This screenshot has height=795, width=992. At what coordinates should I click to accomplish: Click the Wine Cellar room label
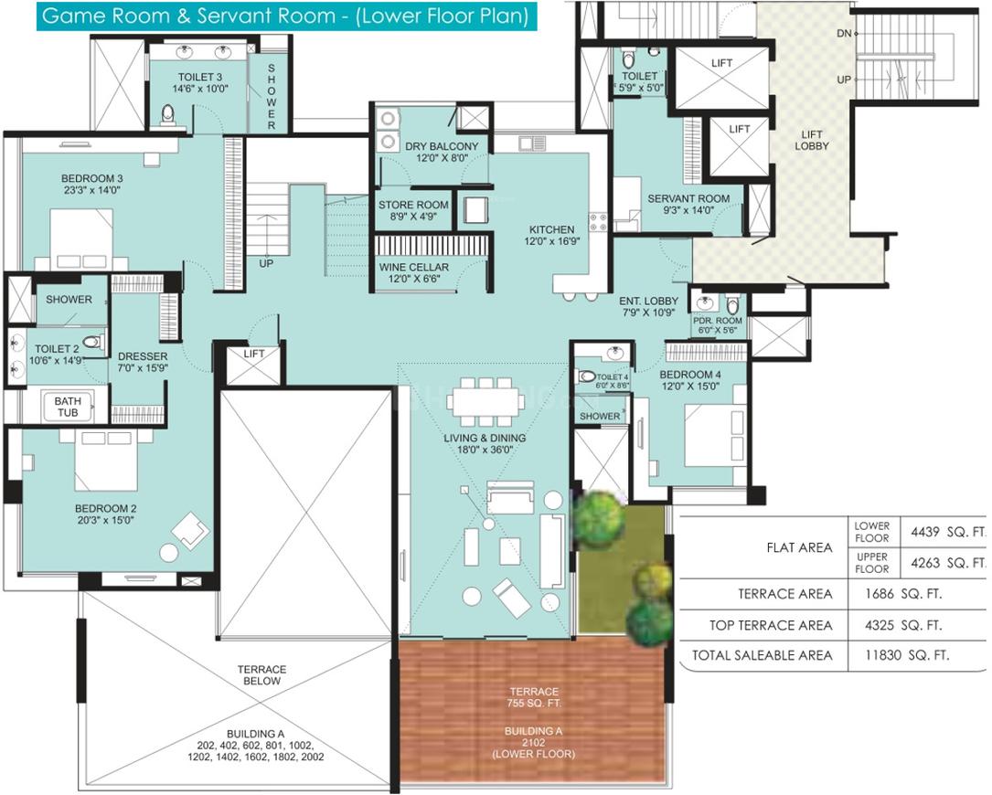click(x=414, y=272)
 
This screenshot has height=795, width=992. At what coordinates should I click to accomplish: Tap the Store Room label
click(x=413, y=210)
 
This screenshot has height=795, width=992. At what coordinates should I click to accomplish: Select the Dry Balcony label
click(x=442, y=152)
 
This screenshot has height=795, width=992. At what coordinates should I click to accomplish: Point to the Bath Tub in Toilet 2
click(x=68, y=407)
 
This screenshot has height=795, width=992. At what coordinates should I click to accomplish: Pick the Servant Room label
click(x=688, y=204)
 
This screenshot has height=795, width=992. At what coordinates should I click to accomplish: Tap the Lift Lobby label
click(x=812, y=140)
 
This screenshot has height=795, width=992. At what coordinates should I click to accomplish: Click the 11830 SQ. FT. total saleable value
click(x=907, y=655)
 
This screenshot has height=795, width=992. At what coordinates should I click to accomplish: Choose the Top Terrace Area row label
click(x=771, y=626)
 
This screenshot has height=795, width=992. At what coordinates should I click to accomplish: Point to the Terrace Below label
click(x=261, y=674)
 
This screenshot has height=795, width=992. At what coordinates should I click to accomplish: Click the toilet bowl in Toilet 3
click(x=167, y=116)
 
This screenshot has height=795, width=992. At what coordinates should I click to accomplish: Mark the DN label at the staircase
click(x=844, y=34)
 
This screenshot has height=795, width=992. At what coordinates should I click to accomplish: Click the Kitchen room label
click(x=551, y=235)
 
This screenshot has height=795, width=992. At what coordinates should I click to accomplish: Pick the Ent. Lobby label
click(x=648, y=306)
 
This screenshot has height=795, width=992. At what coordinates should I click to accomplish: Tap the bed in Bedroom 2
click(x=106, y=461)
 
